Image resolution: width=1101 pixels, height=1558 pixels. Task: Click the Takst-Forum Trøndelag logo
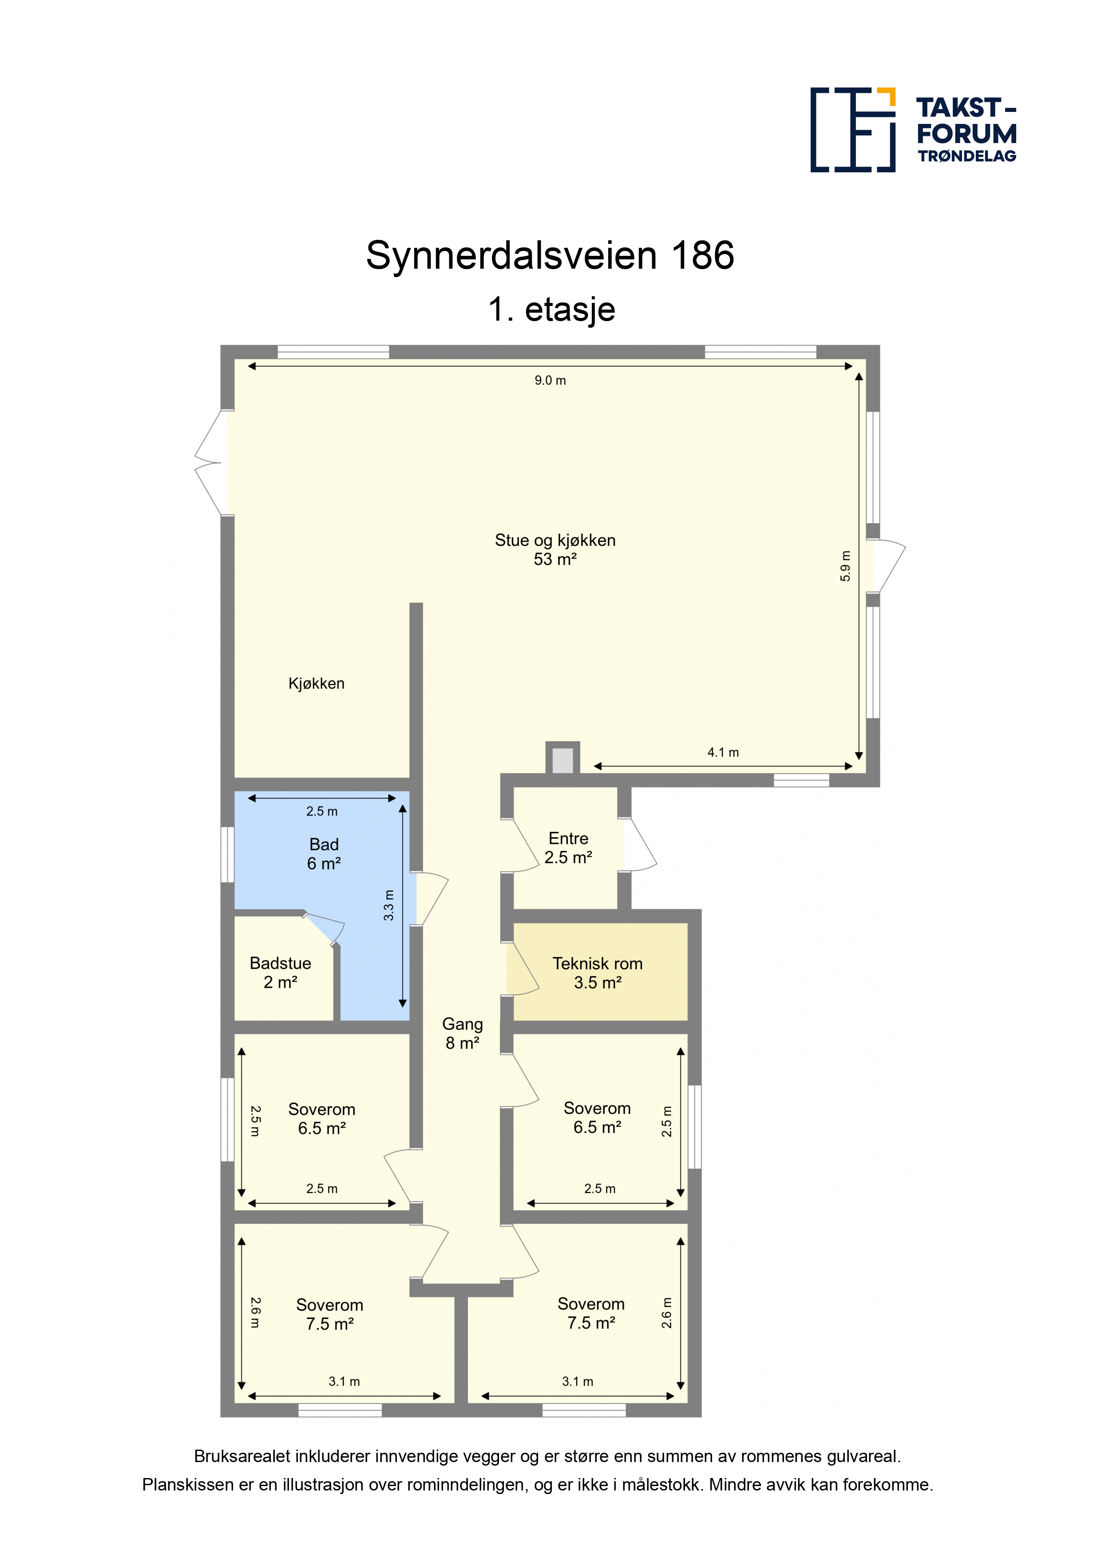point(913,130)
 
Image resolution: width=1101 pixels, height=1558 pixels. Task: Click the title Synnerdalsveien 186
point(550,256)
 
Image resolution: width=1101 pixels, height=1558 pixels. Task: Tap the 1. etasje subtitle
point(551,310)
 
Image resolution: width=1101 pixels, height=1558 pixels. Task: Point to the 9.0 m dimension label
point(550,381)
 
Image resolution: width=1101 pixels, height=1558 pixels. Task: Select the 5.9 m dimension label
point(845,565)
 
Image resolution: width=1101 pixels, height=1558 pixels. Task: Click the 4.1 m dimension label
point(723,752)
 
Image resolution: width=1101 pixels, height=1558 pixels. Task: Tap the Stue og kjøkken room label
point(555,550)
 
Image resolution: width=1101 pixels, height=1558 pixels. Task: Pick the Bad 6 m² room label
point(324,854)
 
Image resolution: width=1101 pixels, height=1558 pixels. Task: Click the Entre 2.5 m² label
point(568,847)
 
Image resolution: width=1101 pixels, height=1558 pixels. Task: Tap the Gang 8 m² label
point(463,1033)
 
